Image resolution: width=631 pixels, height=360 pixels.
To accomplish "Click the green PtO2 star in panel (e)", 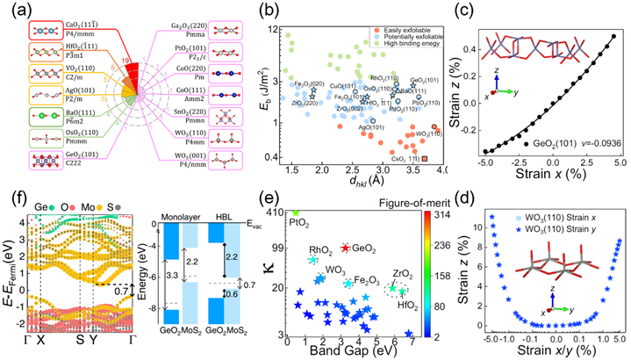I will [296, 212].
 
